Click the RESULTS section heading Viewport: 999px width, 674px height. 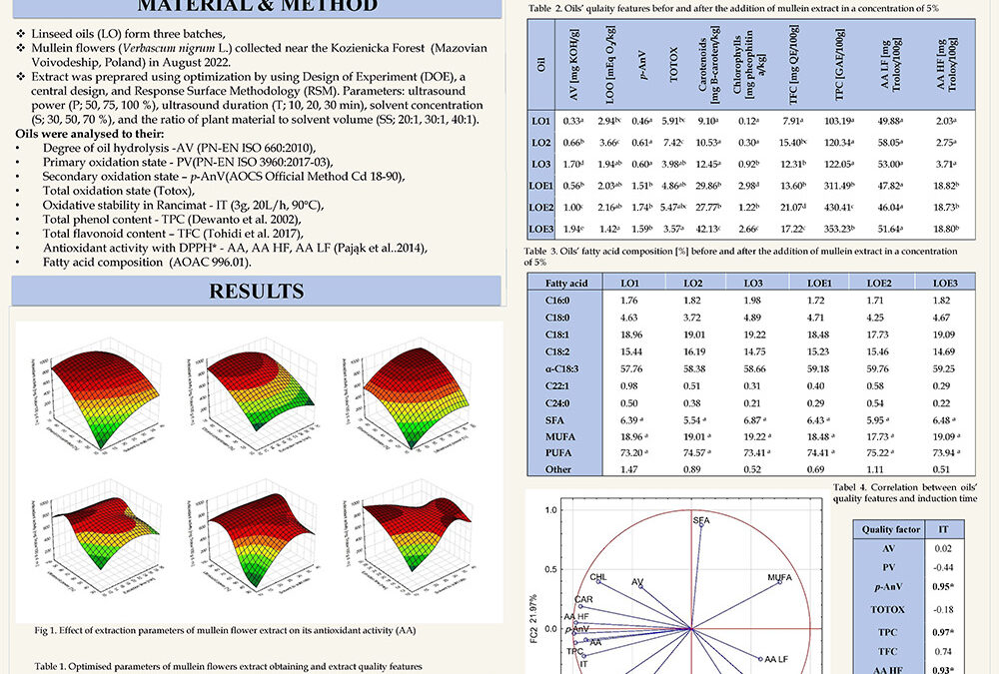[x=257, y=291]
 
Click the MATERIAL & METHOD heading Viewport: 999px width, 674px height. [x=258, y=6]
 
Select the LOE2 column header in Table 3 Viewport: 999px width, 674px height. [x=877, y=283]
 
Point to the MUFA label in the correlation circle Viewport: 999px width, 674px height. [x=780, y=578]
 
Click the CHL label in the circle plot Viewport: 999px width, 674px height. [x=597, y=577]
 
